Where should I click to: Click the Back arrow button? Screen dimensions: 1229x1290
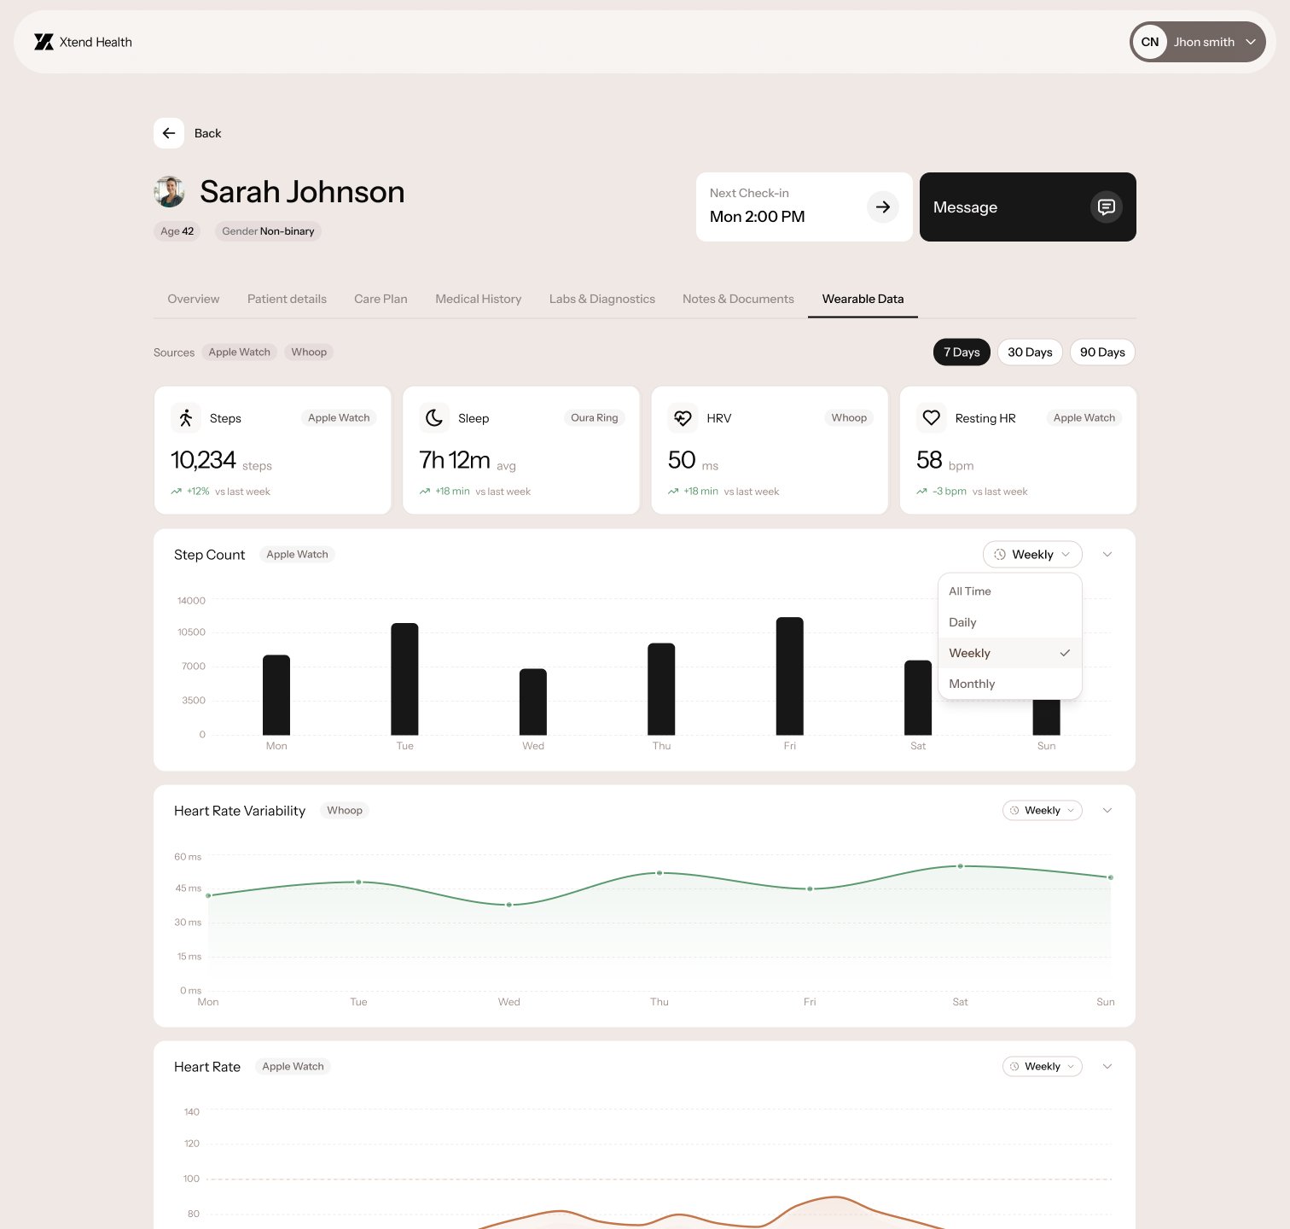click(169, 133)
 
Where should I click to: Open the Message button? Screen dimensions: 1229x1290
click(1027, 207)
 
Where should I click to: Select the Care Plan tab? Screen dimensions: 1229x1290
click(381, 299)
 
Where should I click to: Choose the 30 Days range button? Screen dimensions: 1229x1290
click(1030, 352)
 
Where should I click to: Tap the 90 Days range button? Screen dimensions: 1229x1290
click(1102, 352)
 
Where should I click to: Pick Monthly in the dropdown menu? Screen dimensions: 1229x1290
click(972, 684)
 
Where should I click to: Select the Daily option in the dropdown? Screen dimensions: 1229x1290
click(962, 622)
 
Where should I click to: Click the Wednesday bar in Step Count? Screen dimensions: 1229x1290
click(533, 702)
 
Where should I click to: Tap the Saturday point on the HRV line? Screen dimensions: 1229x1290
click(960, 866)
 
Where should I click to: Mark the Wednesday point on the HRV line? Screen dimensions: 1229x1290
click(509, 905)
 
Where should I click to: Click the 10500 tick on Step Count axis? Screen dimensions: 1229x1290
click(191, 632)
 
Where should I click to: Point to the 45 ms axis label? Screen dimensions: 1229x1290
click(189, 888)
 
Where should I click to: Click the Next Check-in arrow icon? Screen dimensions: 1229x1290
click(883, 207)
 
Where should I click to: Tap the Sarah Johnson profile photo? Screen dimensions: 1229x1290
click(170, 192)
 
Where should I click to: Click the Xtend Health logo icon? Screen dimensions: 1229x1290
click(44, 42)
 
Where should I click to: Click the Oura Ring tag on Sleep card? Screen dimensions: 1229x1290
click(594, 418)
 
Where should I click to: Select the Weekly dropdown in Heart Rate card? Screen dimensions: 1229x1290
click(1042, 1067)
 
